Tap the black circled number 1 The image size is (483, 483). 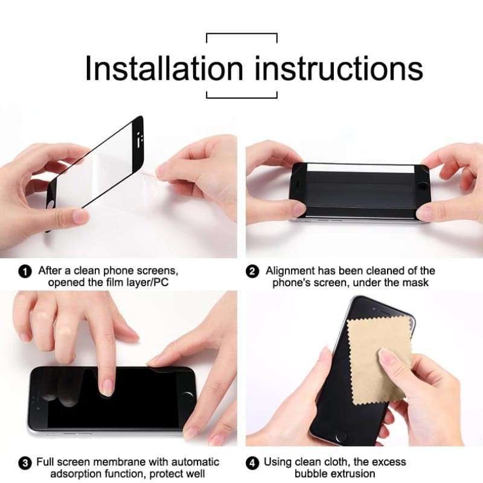[25, 272]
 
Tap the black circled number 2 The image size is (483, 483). [253, 272]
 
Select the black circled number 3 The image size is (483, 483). [25, 464]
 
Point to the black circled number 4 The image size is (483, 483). [253, 464]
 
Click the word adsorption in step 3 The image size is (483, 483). [77, 474]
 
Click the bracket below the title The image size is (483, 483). [241, 95]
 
